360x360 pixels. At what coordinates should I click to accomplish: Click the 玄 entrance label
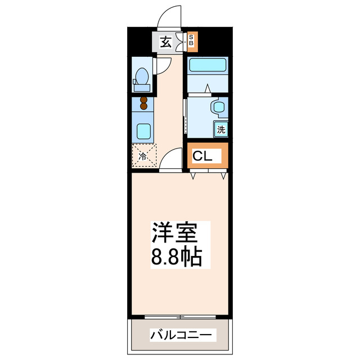[166, 41]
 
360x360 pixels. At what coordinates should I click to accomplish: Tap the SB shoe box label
[191, 40]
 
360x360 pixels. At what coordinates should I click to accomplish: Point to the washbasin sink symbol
[218, 107]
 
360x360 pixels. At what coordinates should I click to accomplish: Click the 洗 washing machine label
[221, 129]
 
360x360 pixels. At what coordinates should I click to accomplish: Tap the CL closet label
[203, 156]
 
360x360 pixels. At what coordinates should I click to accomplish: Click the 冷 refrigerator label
[143, 156]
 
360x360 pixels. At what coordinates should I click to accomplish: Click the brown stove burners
[143, 103]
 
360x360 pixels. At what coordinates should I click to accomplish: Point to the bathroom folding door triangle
[208, 89]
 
